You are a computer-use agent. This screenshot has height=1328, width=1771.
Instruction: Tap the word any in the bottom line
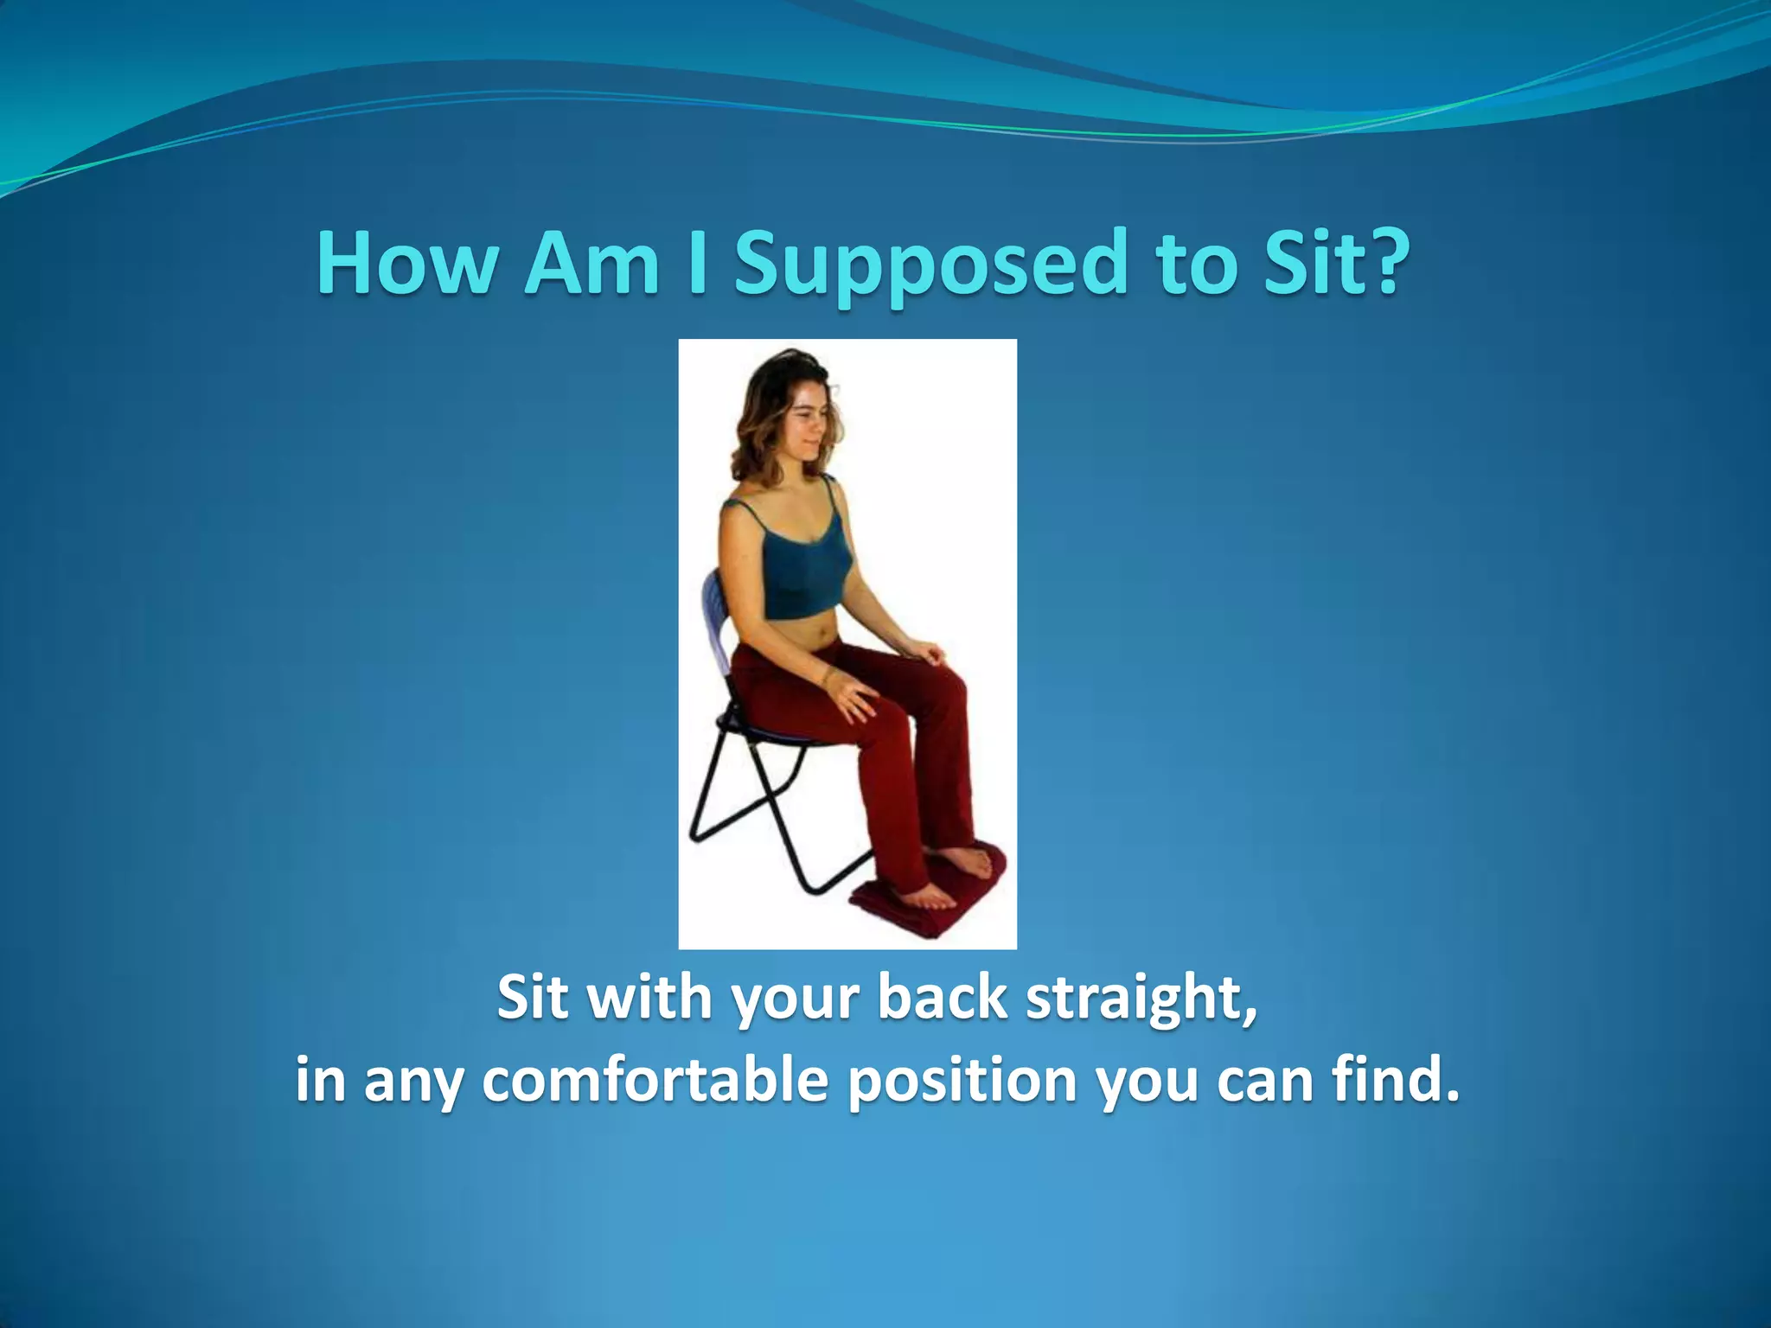(x=412, y=1082)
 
